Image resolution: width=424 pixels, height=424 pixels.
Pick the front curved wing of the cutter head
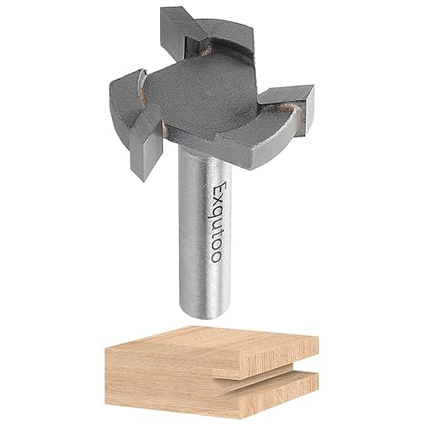pyautogui.click(x=246, y=140)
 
